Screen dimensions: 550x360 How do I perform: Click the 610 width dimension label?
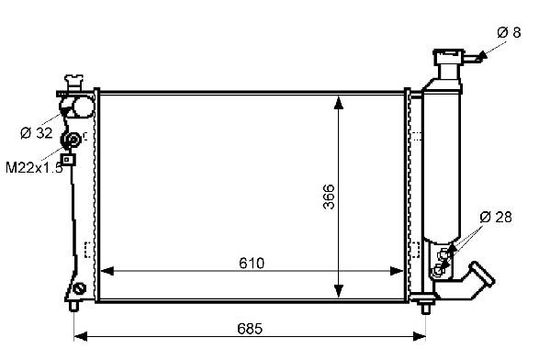pyautogui.click(x=252, y=263)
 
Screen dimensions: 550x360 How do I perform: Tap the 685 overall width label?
pyautogui.click(x=250, y=329)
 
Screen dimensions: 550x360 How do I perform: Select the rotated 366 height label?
pyautogui.click(x=329, y=197)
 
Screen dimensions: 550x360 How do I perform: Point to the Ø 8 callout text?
pyautogui.click(x=509, y=33)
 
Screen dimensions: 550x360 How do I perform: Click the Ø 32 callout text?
pyautogui.click(x=37, y=133)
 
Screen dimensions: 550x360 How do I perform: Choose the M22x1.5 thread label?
pyautogui.click(x=34, y=168)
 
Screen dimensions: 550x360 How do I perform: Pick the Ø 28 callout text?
pyautogui.click(x=496, y=217)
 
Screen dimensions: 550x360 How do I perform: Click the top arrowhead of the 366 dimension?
pyautogui.click(x=339, y=103)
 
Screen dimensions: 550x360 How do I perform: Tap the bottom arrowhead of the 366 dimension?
pyautogui.click(x=339, y=291)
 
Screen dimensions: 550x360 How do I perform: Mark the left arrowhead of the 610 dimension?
pyautogui.click(x=107, y=271)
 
